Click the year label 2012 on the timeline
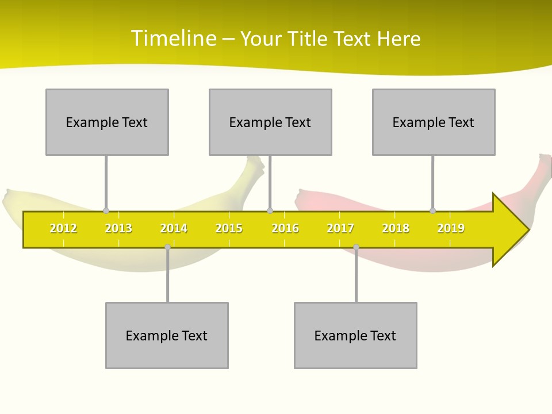(x=63, y=228)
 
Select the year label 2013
(x=118, y=228)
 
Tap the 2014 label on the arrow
(x=174, y=228)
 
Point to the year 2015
(x=229, y=228)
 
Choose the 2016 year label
(x=285, y=228)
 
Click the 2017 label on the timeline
(x=340, y=228)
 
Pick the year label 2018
(x=396, y=228)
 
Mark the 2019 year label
(x=451, y=228)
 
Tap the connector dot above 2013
(x=106, y=211)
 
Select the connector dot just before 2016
(x=270, y=211)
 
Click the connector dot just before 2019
(x=433, y=211)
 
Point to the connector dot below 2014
(x=167, y=247)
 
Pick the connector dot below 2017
(x=356, y=247)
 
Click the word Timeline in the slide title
(x=172, y=39)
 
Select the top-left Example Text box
(x=107, y=122)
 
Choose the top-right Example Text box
(x=434, y=122)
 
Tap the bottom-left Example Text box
(x=167, y=335)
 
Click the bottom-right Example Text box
(x=355, y=335)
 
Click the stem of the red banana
(x=543, y=167)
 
